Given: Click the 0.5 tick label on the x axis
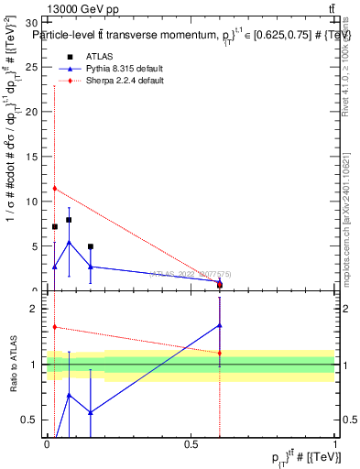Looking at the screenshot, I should [x=191, y=445].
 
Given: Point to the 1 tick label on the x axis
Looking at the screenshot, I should [x=335, y=445].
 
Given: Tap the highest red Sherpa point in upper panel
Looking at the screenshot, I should [x=55, y=189].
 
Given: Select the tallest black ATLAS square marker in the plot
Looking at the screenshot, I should [x=69, y=220].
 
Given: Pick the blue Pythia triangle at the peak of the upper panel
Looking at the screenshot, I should [x=69, y=243].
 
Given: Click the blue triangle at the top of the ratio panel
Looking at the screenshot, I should [x=220, y=324].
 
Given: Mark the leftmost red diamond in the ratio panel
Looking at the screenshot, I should [x=55, y=327].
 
